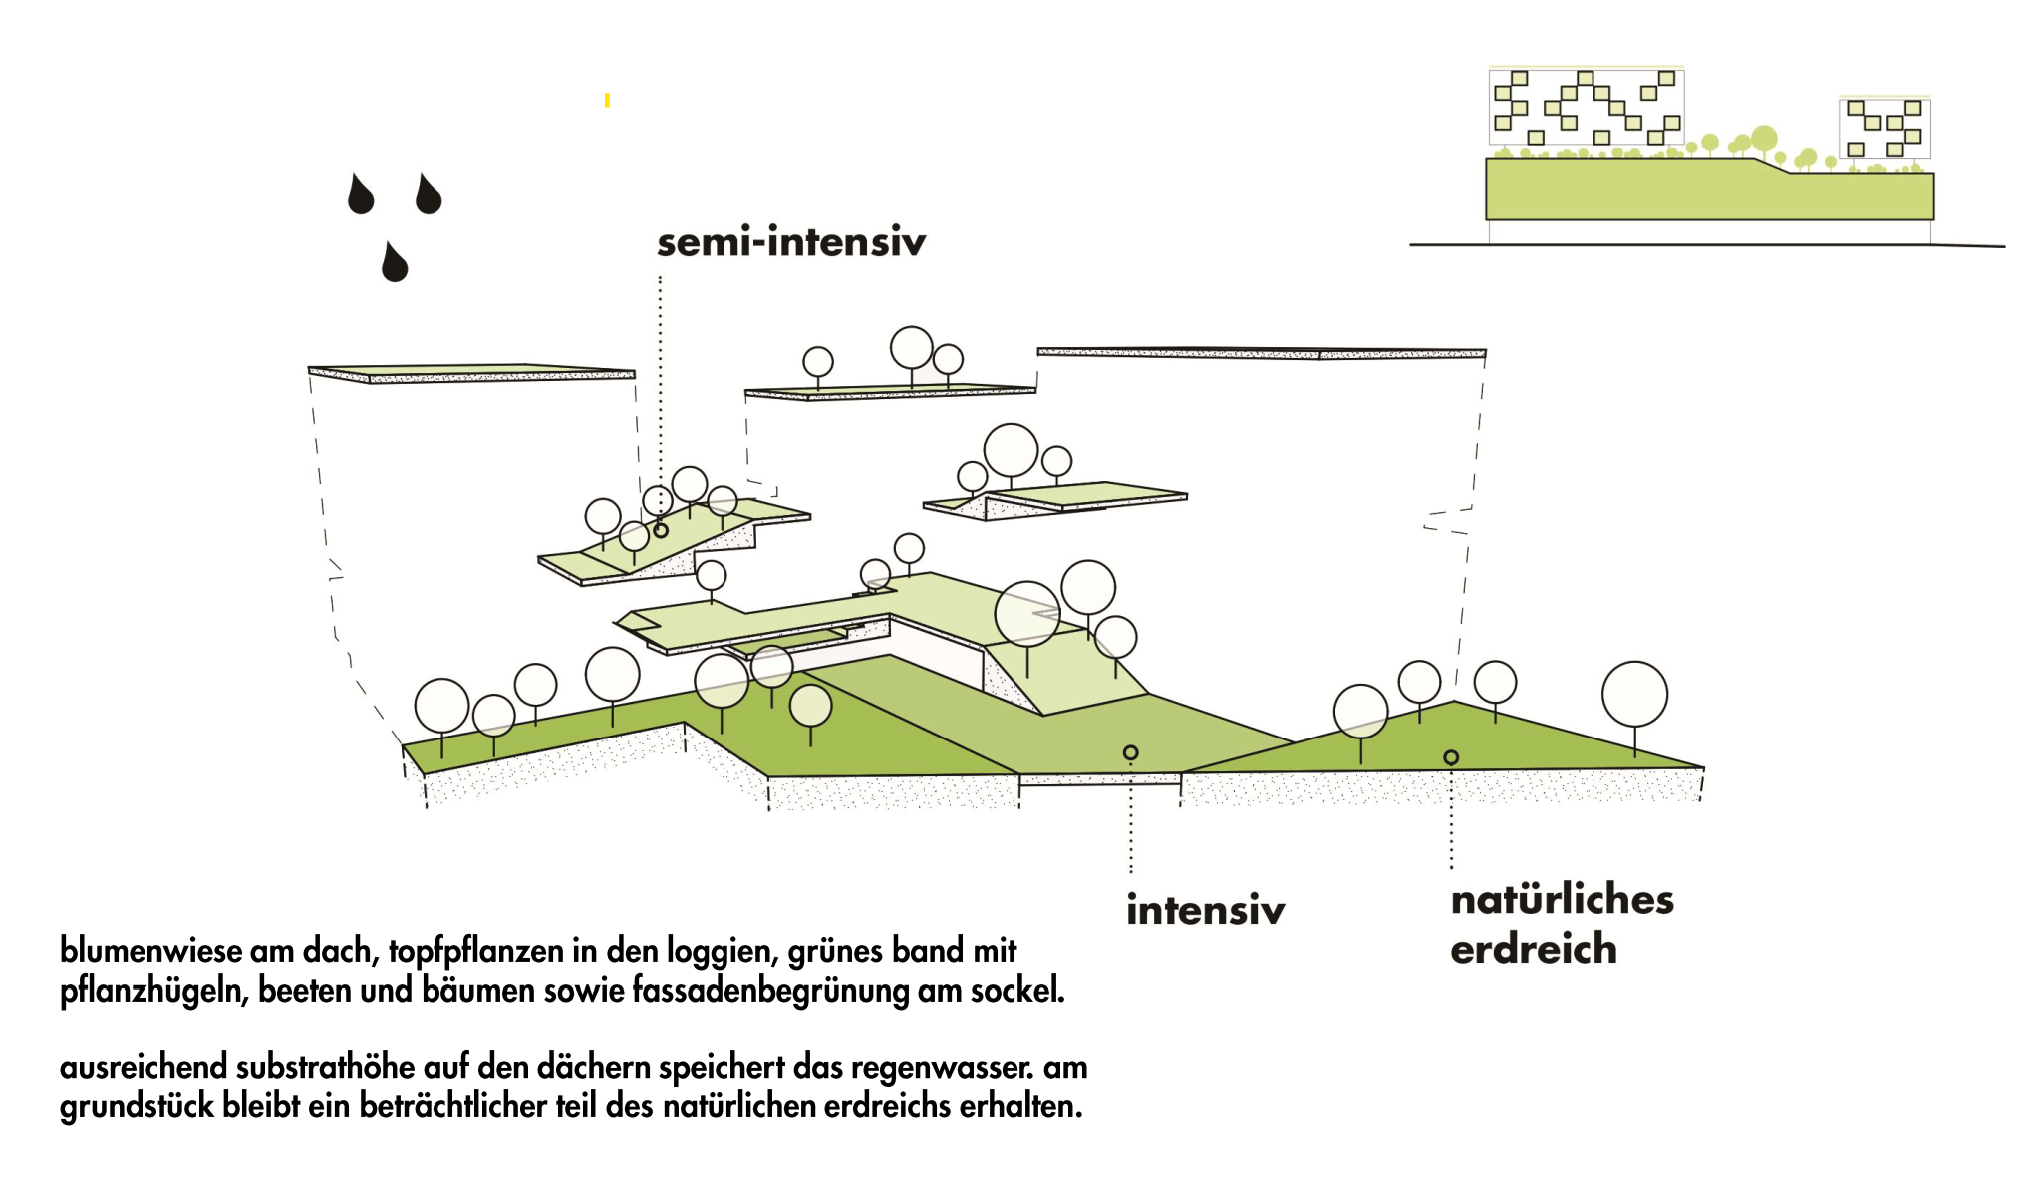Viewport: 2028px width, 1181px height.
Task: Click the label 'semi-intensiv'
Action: (x=791, y=242)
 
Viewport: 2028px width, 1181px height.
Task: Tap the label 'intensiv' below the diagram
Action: (x=1205, y=910)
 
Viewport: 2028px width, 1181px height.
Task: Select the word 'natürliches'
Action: (x=1562, y=899)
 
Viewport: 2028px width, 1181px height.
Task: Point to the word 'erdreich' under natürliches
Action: (x=1533, y=949)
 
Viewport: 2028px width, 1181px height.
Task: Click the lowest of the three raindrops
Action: (x=395, y=263)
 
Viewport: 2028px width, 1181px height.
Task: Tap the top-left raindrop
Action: (x=360, y=195)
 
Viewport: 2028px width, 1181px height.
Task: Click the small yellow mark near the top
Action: (x=607, y=100)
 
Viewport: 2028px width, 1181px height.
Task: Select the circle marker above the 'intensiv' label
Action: (x=1130, y=752)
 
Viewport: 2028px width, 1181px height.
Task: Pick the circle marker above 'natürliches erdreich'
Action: (x=1451, y=757)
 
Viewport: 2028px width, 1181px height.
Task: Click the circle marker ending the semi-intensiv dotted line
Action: (x=660, y=530)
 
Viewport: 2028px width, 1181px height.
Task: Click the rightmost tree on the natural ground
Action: (x=1634, y=694)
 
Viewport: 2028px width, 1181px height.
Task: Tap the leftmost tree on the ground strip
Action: (x=441, y=705)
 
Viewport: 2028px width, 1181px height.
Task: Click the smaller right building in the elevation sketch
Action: (x=1883, y=128)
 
